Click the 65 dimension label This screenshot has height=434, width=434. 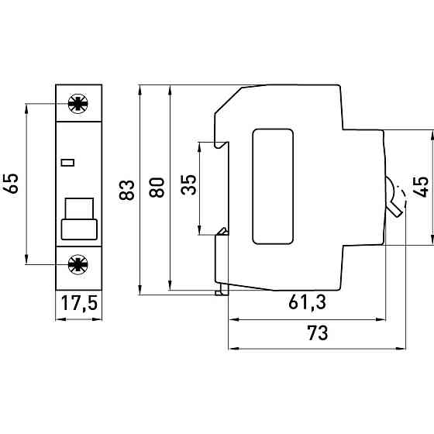pyautogui.click(x=11, y=184)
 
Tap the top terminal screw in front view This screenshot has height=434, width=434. pyautogui.click(x=77, y=103)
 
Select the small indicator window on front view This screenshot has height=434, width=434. pyautogui.click(x=67, y=162)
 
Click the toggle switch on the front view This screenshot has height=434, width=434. pyautogui.click(x=79, y=219)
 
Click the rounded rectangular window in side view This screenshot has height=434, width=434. pyautogui.click(x=273, y=186)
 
